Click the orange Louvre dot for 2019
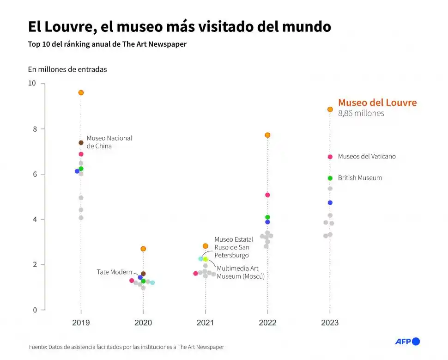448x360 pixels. click(81, 92)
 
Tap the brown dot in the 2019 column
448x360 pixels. click(81, 142)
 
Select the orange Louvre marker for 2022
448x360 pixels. click(267, 135)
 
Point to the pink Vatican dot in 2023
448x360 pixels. click(330, 157)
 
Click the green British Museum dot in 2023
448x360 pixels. click(330, 178)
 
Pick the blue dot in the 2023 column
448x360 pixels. click(330, 202)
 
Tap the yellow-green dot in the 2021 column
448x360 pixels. click(206, 259)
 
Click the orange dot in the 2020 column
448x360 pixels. click(143, 249)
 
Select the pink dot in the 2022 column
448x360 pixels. click(267, 195)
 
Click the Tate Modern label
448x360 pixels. click(114, 272)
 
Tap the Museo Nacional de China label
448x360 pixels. click(109, 142)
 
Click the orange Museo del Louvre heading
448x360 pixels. click(377, 103)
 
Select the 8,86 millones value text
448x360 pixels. click(361, 113)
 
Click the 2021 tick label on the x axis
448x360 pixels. click(205, 323)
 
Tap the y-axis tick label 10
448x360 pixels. click(31, 84)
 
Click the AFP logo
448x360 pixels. click(407, 342)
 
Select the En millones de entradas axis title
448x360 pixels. click(67, 69)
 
